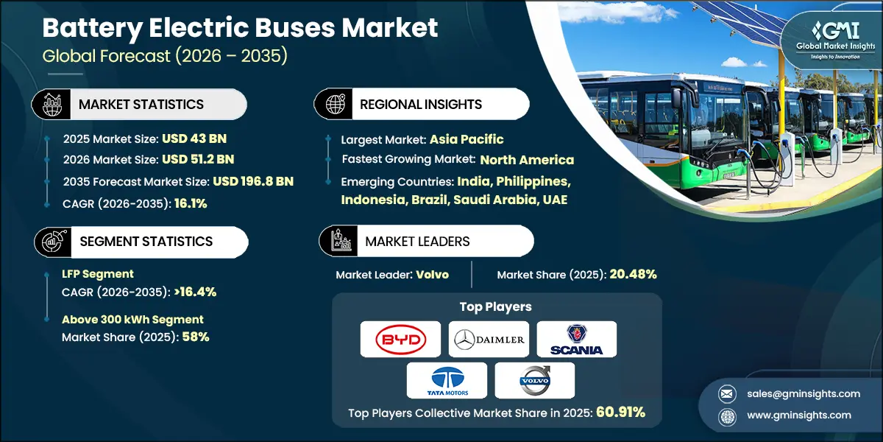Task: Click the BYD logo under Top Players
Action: coord(400,339)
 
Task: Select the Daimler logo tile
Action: coord(489,339)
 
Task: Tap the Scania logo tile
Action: coord(576,339)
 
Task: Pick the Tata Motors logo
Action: coord(447,380)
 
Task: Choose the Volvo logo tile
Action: coord(534,380)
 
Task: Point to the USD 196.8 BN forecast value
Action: coord(253,181)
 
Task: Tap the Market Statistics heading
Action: coord(141,105)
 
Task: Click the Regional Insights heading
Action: coord(421,105)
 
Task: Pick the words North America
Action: coord(527,159)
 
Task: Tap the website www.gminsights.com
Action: coord(798,415)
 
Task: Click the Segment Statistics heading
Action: coord(146,241)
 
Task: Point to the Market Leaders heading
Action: coord(417,241)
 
